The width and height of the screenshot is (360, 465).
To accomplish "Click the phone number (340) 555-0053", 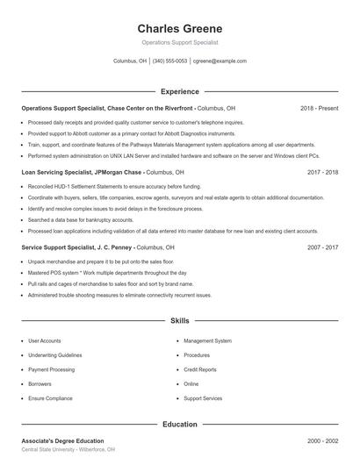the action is pyautogui.click(x=169, y=61).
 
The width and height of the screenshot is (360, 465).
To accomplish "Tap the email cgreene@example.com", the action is pyautogui.click(x=220, y=61).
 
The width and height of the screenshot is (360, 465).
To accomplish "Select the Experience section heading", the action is pyautogui.click(x=180, y=91).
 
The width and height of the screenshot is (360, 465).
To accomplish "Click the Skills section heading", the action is pyautogui.click(x=180, y=321).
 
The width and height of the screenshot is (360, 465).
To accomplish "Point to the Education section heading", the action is pyautogui.click(x=180, y=424).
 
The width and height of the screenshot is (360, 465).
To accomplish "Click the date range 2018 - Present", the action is pyautogui.click(x=319, y=108).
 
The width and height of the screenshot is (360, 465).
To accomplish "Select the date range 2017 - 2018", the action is pyautogui.click(x=322, y=173).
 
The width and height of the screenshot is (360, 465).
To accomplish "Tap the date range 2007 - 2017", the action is pyautogui.click(x=322, y=248).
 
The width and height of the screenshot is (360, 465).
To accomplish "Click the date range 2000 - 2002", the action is pyautogui.click(x=322, y=440).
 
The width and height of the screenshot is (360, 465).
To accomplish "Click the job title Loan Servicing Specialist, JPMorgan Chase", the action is pyautogui.click(x=83, y=173).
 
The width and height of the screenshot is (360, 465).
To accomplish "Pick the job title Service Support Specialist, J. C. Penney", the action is pyautogui.click(x=79, y=248).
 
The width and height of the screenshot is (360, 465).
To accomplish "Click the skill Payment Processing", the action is pyautogui.click(x=51, y=369).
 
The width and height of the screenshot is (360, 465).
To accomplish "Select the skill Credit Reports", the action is pyautogui.click(x=200, y=369).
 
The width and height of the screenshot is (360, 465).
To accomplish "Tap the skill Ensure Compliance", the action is pyautogui.click(x=50, y=398).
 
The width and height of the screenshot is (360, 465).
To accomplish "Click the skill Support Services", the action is pyautogui.click(x=203, y=398).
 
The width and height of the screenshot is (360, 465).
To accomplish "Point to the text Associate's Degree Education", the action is pyautogui.click(x=62, y=440).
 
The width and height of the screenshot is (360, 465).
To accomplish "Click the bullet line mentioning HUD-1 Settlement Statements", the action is pyautogui.click(x=114, y=187).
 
